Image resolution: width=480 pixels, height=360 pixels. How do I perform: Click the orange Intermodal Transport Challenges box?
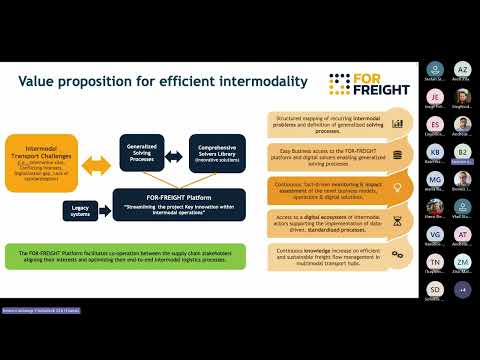(42, 160)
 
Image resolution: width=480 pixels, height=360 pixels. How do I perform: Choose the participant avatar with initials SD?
(434, 288)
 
